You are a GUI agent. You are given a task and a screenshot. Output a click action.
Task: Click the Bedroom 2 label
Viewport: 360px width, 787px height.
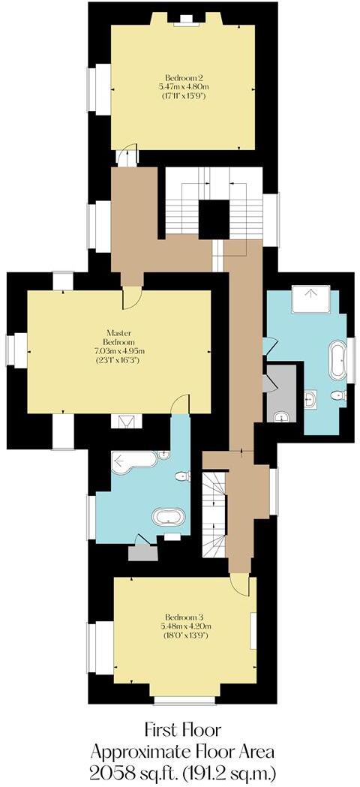click(x=184, y=77)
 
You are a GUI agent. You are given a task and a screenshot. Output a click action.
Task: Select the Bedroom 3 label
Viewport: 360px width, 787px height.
click(x=185, y=617)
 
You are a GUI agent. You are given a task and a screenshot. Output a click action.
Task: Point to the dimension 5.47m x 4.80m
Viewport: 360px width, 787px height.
click(x=184, y=87)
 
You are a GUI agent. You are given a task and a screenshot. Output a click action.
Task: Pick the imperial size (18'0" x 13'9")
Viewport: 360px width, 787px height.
click(x=185, y=635)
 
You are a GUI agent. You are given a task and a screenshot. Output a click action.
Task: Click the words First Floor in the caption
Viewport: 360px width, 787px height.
click(x=184, y=728)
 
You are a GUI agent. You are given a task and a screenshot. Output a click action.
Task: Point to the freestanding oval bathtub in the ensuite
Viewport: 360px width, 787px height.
click(x=168, y=517)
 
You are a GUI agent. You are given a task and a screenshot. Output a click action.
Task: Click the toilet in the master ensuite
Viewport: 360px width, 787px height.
click(x=181, y=476)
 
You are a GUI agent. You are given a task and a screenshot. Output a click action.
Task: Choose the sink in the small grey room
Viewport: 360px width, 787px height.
click(x=282, y=415)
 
